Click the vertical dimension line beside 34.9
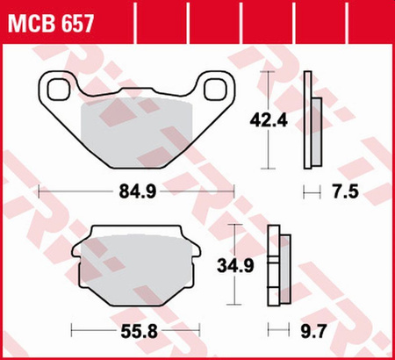click(233, 264)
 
